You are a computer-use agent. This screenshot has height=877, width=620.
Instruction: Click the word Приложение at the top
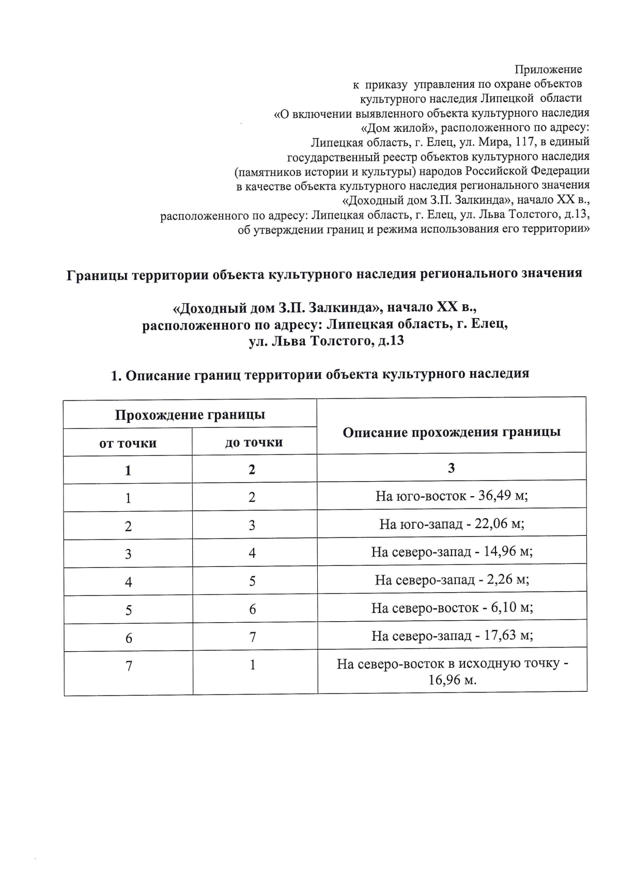tap(548, 69)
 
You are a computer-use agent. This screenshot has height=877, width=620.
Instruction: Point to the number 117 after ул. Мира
tap(526, 142)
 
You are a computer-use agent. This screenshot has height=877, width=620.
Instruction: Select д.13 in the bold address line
tap(390, 341)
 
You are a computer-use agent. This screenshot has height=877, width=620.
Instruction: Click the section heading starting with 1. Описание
tap(320, 374)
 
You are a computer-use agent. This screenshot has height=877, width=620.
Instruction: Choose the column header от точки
tap(128, 443)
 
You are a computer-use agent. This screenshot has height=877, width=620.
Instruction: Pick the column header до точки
tap(254, 442)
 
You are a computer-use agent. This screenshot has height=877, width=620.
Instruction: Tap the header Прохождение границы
tap(190, 414)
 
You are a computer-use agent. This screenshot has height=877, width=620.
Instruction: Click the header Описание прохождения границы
tap(452, 432)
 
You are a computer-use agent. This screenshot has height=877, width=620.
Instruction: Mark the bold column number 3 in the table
tap(452, 468)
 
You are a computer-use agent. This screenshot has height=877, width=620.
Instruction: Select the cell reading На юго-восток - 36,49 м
tap(452, 496)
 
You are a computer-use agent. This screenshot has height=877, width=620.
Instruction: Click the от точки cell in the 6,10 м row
tap(128, 610)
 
